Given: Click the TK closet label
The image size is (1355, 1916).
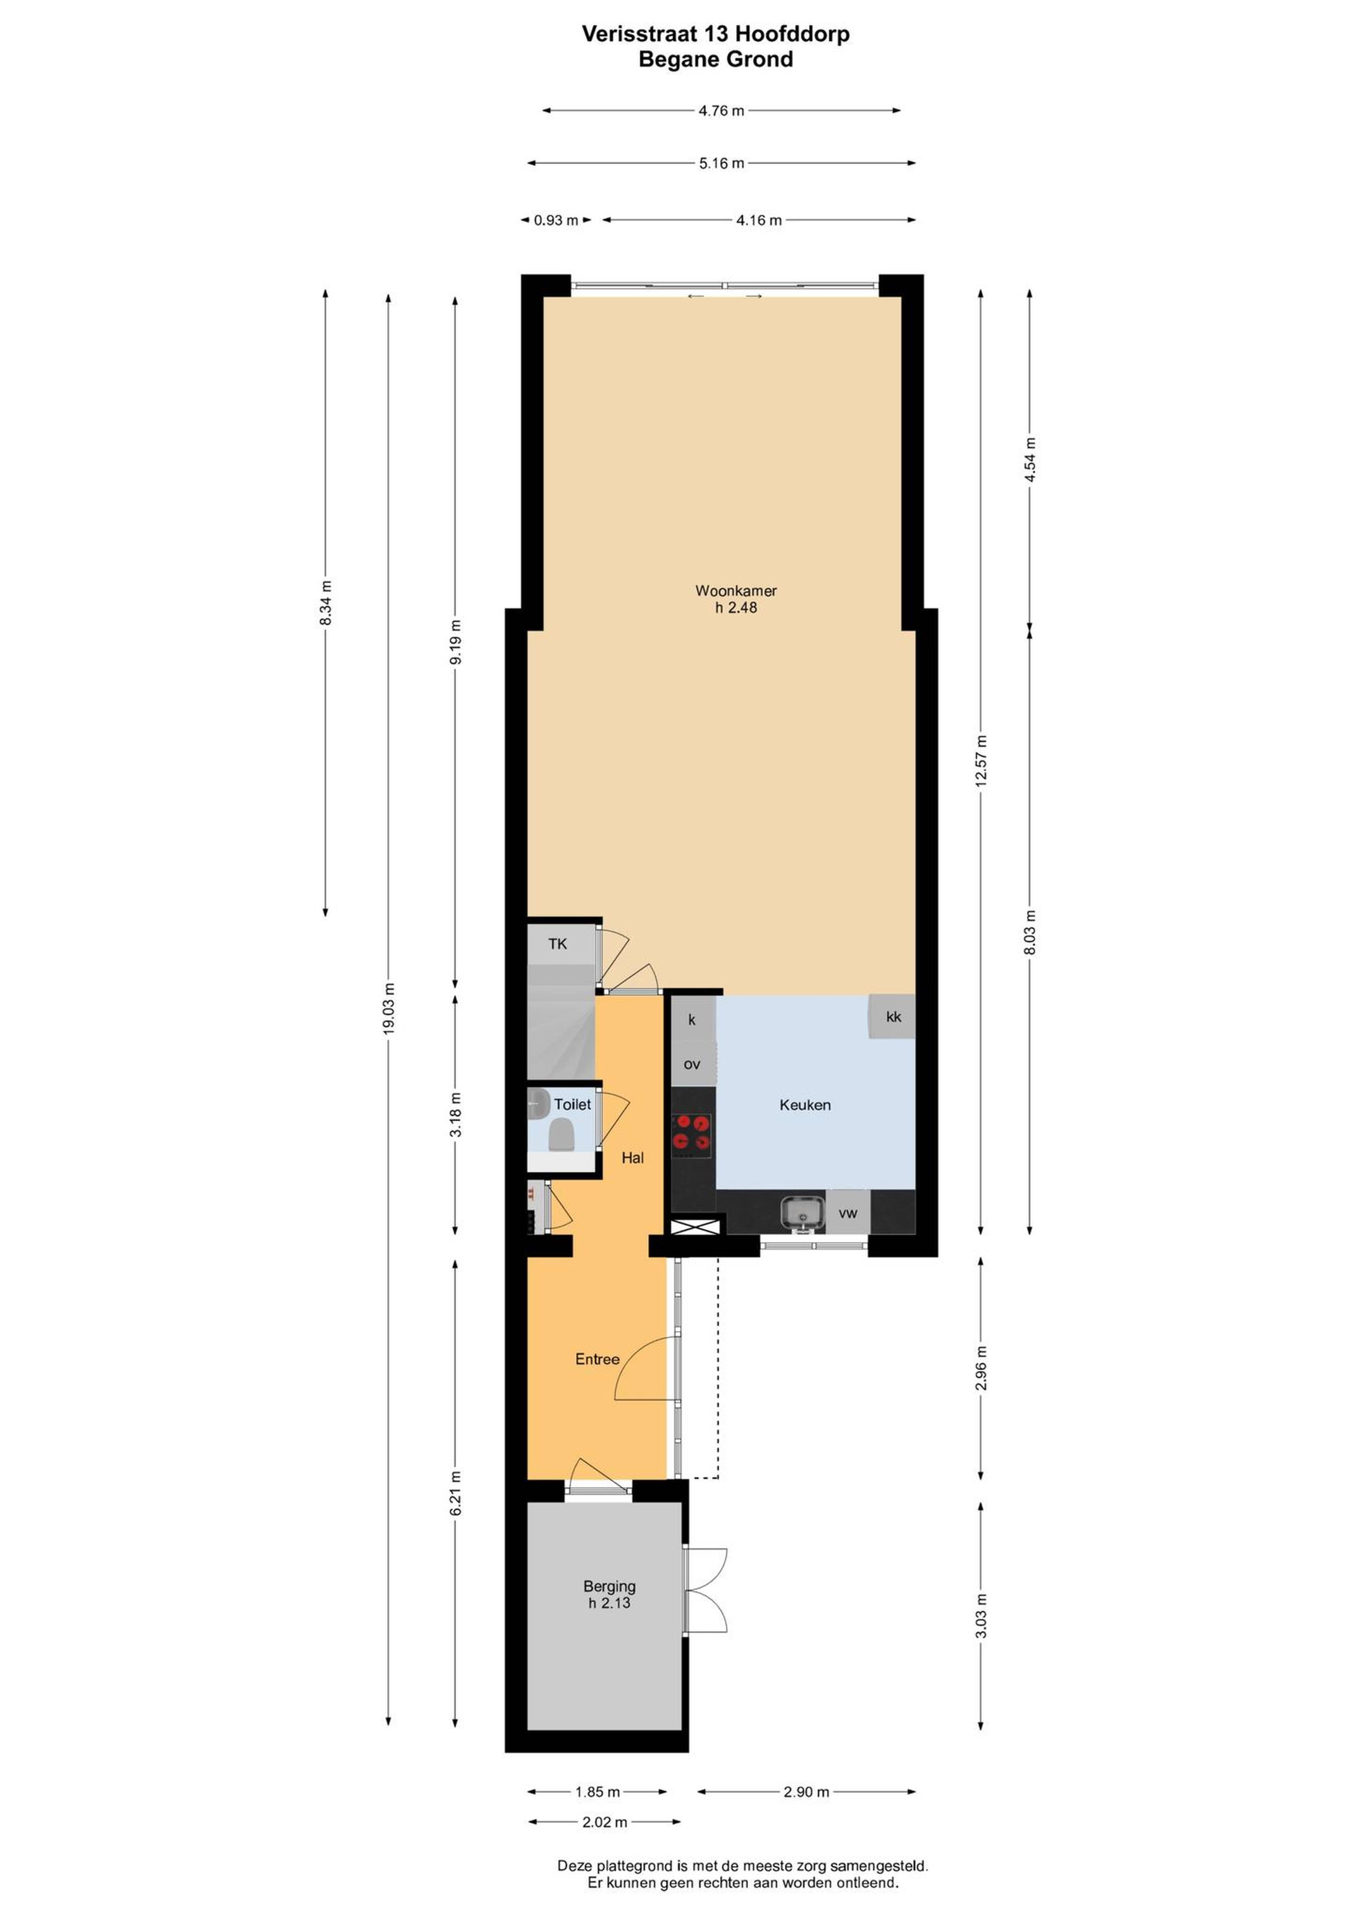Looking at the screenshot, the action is click(x=558, y=944).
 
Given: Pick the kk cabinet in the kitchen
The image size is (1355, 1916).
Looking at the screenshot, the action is click(x=892, y=1016).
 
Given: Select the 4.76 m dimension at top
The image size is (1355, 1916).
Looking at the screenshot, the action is click(x=721, y=110).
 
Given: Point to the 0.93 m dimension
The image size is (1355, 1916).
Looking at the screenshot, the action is click(x=556, y=220).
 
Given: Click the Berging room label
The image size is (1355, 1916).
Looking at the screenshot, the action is click(x=609, y=1585).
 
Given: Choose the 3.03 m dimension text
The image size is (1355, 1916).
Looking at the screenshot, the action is click(x=981, y=1615).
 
